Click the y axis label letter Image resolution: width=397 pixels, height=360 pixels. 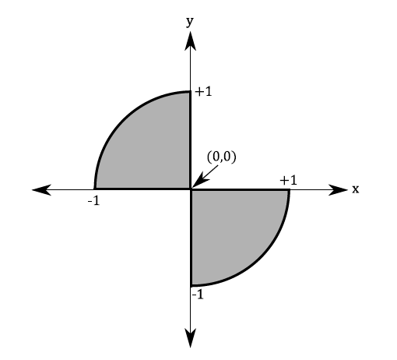pyautogui.click(x=190, y=22)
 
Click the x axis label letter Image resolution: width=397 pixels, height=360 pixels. pyautogui.click(x=355, y=189)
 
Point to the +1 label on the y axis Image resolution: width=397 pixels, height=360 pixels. pyautogui.click(x=204, y=92)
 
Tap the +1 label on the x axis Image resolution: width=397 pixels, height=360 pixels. pyautogui.click(x=288, y=180)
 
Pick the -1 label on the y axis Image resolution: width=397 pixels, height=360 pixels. pyautogui.click(x=197, y=295)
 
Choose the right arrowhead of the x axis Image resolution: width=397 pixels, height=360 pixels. pyautogui.click(x=338, y=189)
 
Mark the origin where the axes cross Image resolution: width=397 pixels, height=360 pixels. pyautogui.click(x=191, y=189)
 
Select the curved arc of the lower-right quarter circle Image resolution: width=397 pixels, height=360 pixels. pyautogui.click(x=260, y=258)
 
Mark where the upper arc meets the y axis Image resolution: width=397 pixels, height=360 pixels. pyautogui.click(x=191, y=92)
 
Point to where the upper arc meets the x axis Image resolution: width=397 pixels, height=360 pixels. pyautogui.click(x=94, y=189)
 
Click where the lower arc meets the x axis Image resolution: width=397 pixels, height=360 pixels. pyautogui.click(x=289, y=189)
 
